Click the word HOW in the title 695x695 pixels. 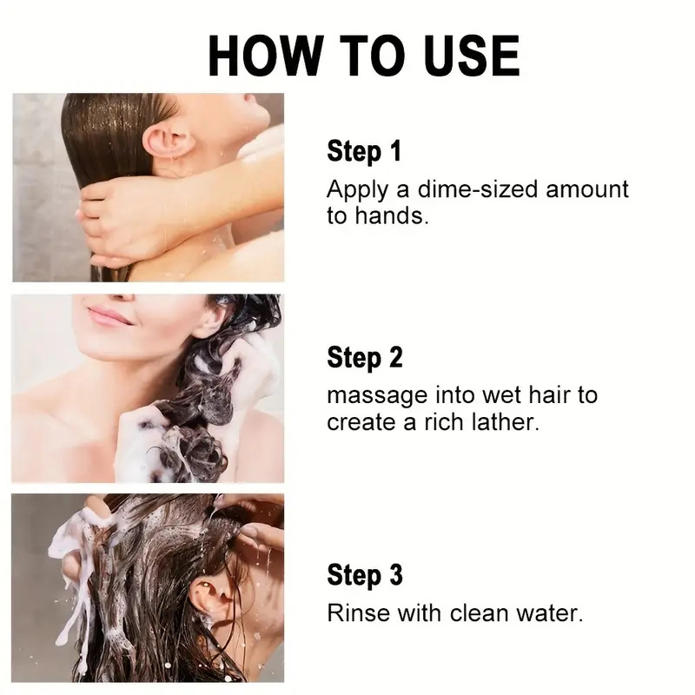(x=266, y=56)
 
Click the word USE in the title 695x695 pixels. (x=472, y=56)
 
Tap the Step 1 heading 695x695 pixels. (x=364, y=151)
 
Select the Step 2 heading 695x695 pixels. (x=365, y=357)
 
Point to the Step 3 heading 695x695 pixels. (x=365, y=575)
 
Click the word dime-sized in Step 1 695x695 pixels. (x=477, y=189)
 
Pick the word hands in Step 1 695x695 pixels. (x=392, y=215)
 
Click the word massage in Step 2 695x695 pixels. (x=377, y=396)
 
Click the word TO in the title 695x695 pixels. (x=373, y=56)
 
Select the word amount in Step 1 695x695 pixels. (x=587, y=189)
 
